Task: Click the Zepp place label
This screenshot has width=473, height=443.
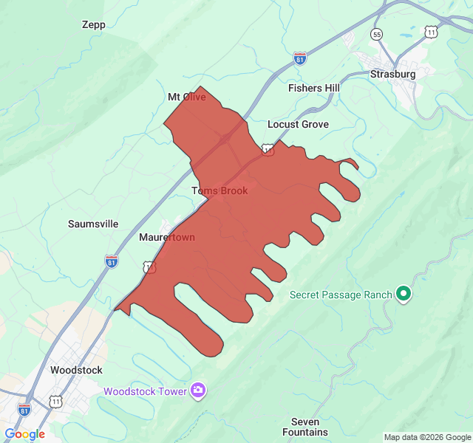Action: (94, 24)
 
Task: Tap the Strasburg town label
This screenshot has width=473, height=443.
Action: (393, 74)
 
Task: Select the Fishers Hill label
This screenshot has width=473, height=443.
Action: (313, 88)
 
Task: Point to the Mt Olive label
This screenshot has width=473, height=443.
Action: (186, 97)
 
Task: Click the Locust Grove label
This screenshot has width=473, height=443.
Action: (298, 124)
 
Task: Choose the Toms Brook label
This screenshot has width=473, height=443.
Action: (220, 190)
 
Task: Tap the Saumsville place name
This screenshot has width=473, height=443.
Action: (93, 224)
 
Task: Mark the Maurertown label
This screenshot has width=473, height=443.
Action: (167, 238)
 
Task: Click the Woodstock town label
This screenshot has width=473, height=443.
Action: (76, 370)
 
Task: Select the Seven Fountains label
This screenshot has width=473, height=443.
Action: (304, 427)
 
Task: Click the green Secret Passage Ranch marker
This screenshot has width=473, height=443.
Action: (404, 295)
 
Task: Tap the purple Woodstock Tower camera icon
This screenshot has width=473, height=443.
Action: (197, 391)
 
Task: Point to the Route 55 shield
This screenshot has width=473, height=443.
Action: (378, 35)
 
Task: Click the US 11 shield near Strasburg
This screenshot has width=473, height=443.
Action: (431, 31)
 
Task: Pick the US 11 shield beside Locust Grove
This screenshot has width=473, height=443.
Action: (268, 150)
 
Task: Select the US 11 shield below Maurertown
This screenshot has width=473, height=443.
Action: (150, 267)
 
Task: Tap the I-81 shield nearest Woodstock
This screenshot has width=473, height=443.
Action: (24, 409)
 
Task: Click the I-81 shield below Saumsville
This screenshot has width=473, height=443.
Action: (111, 261)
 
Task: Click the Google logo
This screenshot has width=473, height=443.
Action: (24, 434)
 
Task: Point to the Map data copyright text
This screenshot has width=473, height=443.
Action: (426, 437)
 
